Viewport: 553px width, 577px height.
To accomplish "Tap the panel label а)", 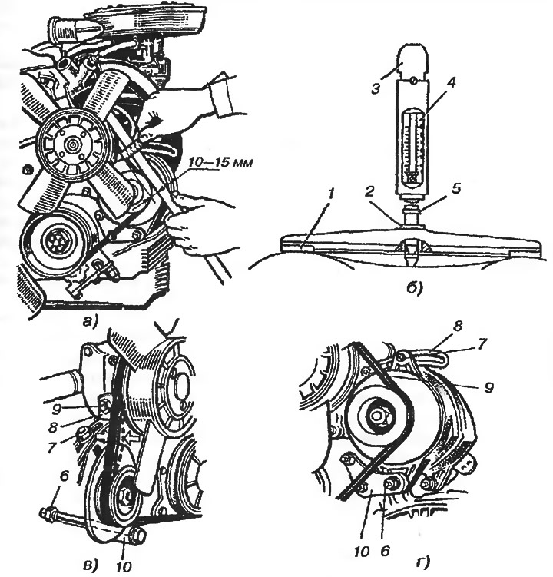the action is [89, 322].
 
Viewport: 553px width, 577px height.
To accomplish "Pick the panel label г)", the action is [422, 562].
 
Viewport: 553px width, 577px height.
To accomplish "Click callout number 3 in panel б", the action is [376, 89].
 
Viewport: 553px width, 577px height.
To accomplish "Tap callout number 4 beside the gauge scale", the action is [452, 82].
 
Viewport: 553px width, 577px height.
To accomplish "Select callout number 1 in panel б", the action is [331, 194].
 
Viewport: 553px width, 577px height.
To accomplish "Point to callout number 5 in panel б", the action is [455, 188].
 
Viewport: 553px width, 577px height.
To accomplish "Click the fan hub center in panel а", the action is [70, 144].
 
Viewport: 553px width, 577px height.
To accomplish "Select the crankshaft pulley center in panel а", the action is [55, 244].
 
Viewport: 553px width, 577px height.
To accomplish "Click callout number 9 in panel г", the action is [488, 387].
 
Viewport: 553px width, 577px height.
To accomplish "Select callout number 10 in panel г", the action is [363, 551].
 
